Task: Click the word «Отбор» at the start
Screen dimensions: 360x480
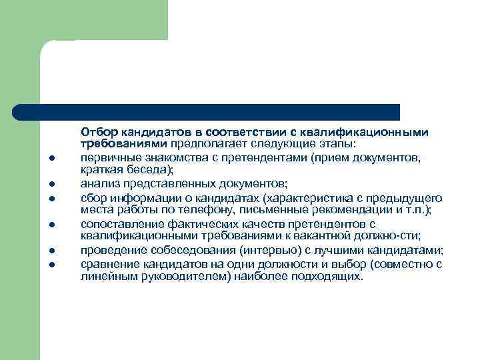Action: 97,131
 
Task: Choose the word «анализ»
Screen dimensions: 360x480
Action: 97,183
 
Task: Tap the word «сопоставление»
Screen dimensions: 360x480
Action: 117,224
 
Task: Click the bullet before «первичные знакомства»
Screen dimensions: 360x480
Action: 51,159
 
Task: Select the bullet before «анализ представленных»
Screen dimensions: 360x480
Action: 51,184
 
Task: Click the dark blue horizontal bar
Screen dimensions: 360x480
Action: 207,111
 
